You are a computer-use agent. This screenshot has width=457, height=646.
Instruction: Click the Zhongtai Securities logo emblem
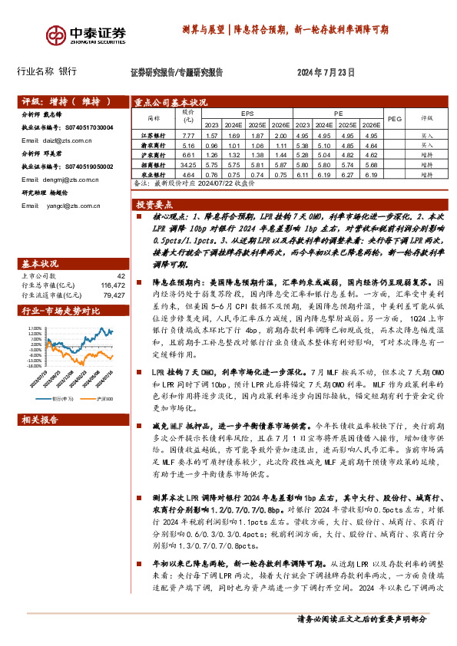(x=55, y=35)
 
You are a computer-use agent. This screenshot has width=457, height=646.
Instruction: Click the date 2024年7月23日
(x=326, y=74)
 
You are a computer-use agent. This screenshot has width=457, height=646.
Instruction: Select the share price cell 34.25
(x=189, y=164)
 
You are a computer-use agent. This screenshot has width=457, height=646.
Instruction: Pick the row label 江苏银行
(x=155, y=134)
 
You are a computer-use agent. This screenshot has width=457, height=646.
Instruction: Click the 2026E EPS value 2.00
(x=280, y=134)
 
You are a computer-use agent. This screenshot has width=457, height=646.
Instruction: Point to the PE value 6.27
(x=349, y=174)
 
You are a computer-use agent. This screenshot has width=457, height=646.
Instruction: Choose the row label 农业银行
(x=155, y=174)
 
